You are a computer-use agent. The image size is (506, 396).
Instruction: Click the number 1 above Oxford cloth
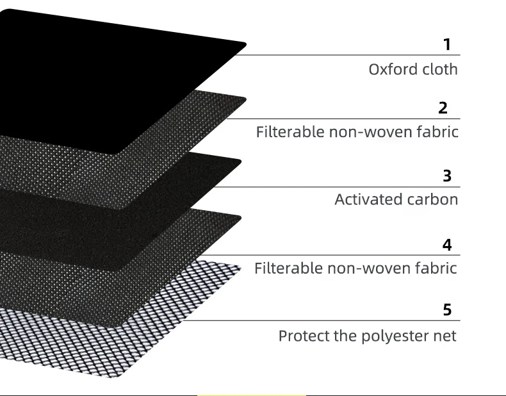pyautogui.click(x=447, y=45)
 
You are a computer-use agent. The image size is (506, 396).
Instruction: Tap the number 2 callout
pyautogui.click(x=443, y=108)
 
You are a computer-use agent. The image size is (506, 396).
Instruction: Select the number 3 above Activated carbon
pyautogui.click(x=447, y=176)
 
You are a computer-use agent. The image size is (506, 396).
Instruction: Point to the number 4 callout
pyautogui.click(x=446, y=245)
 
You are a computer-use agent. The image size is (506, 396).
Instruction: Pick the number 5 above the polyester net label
pyautogui.click(x=447, y=310)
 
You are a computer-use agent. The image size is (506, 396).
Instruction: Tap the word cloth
pyautogui.click(x=439, y=69)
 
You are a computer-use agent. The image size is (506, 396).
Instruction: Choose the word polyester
pyautogui.click(x=393, y=336)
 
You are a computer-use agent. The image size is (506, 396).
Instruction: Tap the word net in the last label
pyautogui.click(x=446, y=336)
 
